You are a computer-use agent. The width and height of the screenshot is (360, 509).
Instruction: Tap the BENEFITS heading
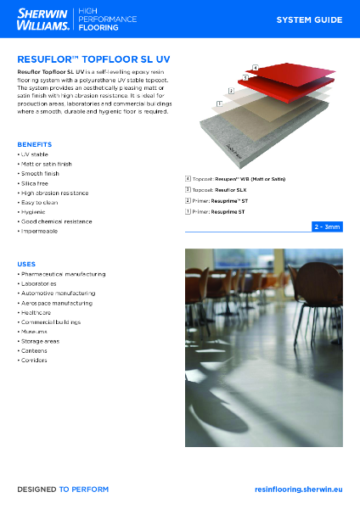34,144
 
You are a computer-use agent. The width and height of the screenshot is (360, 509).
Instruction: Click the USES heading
26,265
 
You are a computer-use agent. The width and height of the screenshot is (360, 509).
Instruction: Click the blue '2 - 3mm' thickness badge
327,227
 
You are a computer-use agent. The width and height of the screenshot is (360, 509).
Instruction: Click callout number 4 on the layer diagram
255,66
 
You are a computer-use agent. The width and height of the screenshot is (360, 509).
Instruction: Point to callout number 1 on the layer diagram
219,103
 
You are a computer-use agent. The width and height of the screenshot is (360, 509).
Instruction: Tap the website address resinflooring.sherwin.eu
298,489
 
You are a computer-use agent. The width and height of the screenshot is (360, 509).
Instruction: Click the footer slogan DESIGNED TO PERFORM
63,489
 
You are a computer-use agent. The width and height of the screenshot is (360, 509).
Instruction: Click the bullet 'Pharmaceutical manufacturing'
61,274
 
